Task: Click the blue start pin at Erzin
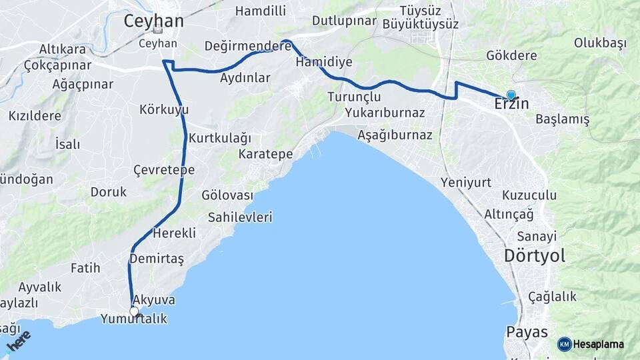coord(511,95)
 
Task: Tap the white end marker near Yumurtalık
coord(134,311)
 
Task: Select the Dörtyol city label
coord(535,255)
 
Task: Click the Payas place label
coord(527,332)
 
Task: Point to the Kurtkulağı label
coord(220,139)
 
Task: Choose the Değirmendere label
coord(248,46)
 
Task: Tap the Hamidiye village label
coord(324,61)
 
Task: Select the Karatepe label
coord(266,154)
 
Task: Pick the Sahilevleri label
coord(240,217)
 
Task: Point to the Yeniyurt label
coord(466,182)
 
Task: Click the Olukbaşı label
coord(600,43)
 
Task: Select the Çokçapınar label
coord(57,65)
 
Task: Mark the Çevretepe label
coord(164,170)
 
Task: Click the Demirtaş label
coord(157,258)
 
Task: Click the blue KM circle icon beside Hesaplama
coord(565,344)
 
